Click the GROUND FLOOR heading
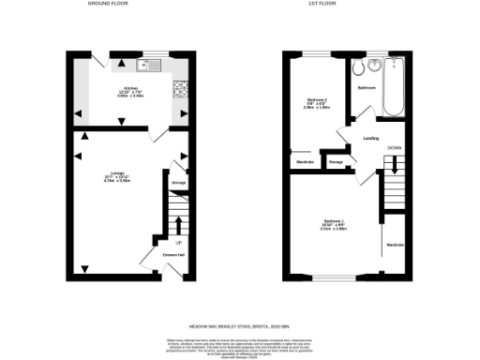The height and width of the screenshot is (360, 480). click(x=107, y=5)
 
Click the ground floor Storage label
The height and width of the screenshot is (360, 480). click(x=178, y=183)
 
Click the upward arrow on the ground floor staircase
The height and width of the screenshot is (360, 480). click(x=178, y=222)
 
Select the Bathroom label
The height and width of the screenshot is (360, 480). click(x=367, y=88)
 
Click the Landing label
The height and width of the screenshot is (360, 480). click(x=370, y=140)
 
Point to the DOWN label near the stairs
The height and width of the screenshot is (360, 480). click(x=396, y=148)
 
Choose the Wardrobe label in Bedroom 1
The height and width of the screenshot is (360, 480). click(x=394, y=246)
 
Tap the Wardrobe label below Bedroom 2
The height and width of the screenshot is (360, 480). click(x=305, y=162)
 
